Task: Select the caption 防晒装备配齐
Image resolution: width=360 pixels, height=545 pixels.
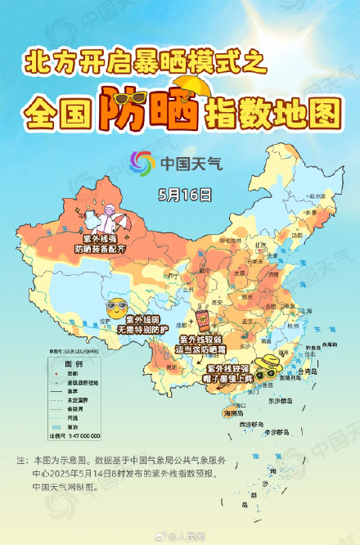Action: pos(99,247)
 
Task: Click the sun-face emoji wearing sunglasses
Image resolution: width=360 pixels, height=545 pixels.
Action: pos(116,309)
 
